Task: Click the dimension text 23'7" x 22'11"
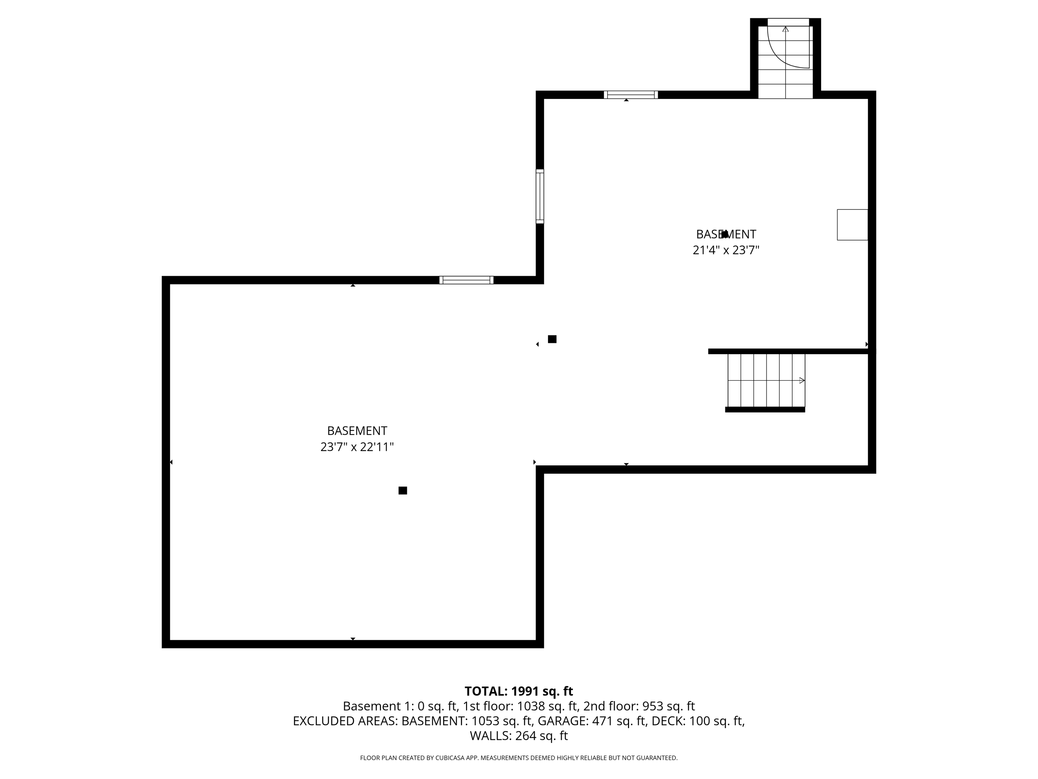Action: coord(357,447)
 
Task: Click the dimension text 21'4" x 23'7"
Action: coord(726,250)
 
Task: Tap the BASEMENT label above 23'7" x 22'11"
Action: coord(357,431)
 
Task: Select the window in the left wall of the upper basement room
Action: coord(540,196)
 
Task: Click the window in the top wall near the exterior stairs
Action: coord(631,95)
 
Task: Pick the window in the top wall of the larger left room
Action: coord(466,280)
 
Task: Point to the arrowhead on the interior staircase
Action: coord(802,380)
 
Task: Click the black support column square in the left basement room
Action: coord(403,491)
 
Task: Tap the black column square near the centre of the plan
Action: coord(552,339)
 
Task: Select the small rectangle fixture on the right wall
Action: coord(852,225)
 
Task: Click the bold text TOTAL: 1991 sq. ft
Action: coord(519,691)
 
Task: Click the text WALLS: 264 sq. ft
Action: coord(519,736)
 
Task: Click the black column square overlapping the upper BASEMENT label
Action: coord(725,234)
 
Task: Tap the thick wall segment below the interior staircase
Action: coord(765,410)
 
